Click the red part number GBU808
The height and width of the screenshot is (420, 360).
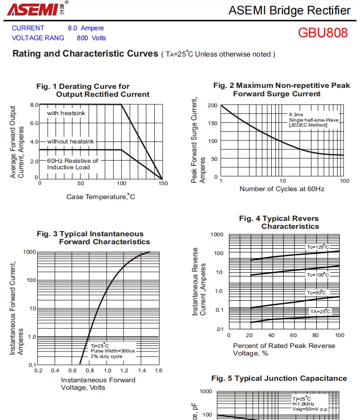click(x=323, y=33)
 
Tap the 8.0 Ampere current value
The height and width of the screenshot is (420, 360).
click(x=86, y=28)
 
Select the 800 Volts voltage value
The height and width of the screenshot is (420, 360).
click(x=91, y=38)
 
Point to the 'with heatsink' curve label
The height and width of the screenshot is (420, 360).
click(x=66, y=113)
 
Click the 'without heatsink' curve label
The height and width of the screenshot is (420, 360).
click(x=70, y=141)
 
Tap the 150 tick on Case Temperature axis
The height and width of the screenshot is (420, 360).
click(x=163, y=183)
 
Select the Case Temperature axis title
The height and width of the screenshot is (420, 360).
click(x=101, y=197)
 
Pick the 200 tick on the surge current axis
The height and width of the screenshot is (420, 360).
click(x=213, y=105)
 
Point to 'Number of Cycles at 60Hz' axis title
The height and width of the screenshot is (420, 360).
click(x=282, y=189)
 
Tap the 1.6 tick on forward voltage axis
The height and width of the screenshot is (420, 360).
click(x=159, y=370)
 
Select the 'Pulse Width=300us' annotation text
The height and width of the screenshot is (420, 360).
click(x=113, y=350)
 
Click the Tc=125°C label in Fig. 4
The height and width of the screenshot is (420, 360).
click(x=317, y=247)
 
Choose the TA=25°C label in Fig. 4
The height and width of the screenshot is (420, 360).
click(x=320, y=311)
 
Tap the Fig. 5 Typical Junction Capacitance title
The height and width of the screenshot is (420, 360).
click(x=279, y=378)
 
